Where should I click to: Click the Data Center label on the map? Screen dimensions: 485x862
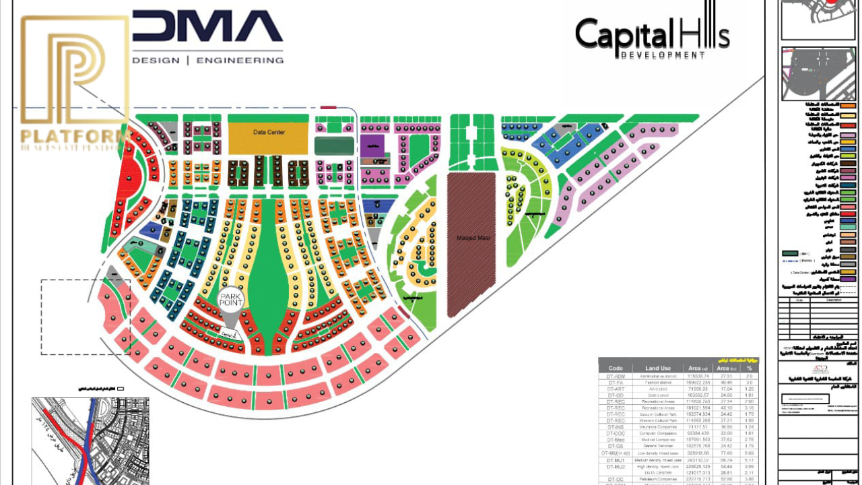(x=269, y=133)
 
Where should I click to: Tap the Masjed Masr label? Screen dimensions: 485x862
(x=471, y=238)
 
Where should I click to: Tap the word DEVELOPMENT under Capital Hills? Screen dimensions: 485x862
(x=663, y=55)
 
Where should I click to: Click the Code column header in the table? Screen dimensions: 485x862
(x=616, y=368)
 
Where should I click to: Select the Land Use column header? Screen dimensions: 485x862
(x=657, y=368)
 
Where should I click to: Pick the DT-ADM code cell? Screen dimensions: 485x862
(x=616, y=376)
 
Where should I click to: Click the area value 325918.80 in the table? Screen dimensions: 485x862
(x=698, y=453)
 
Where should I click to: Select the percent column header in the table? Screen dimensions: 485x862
(x=748, y=368)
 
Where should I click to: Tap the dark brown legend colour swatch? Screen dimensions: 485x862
(x=849, y=163)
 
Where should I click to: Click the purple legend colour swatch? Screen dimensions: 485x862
(x=849, y=279)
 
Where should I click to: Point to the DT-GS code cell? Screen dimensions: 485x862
(x=616, y=446)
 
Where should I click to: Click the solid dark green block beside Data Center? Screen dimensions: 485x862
(x=334, y=146)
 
